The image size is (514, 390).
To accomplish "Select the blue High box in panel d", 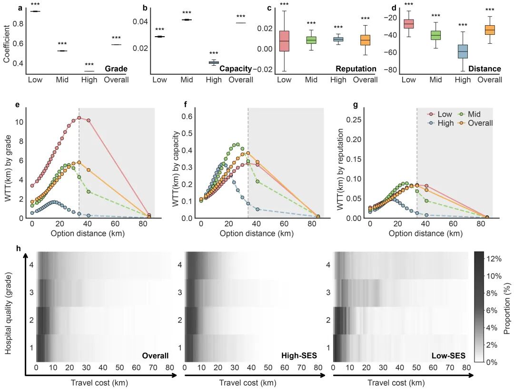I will point(463,51).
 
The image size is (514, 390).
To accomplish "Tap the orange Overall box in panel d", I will point(490,30).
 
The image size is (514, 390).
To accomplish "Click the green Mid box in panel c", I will point(311,40).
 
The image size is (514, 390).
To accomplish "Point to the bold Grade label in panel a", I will point(116,69).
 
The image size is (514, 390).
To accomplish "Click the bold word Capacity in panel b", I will point(236,69).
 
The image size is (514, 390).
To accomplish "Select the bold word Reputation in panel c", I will point(356,69).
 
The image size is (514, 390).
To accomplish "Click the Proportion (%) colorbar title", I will point(507,308).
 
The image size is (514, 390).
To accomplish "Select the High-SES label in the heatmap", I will point(299,356).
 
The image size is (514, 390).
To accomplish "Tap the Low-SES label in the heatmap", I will point(448,356).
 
